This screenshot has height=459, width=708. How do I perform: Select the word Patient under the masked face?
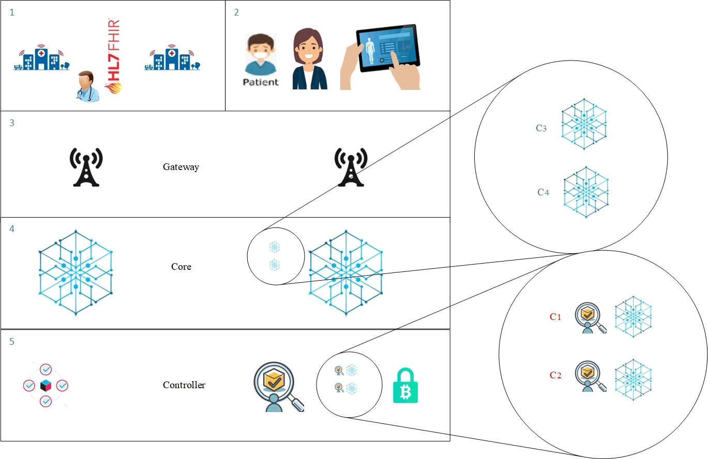tap(260, 82)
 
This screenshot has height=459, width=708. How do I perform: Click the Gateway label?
tap(180, 167)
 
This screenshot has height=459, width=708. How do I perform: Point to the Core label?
tap(181, 267)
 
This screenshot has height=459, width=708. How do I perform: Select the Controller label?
tap(184, 385)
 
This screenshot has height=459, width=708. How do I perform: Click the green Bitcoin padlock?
tap(405, 386)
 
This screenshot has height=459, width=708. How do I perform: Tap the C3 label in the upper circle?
tap(541, 128)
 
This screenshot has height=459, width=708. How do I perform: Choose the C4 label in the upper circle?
tap(543, 192)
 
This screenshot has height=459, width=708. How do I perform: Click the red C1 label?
tap(555, 317)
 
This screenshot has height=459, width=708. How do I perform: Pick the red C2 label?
tap(555, 375)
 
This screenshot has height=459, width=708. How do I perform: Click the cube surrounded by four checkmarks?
tap(46, 386)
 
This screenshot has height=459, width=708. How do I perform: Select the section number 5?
tap(12, 342)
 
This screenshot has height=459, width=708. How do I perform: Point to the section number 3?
tap(12, 123)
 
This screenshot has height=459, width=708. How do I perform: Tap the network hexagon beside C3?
tap(584, 127)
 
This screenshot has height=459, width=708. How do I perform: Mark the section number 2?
tap(236, 12)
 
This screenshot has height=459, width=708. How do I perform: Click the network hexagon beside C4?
tap(585, 192)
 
